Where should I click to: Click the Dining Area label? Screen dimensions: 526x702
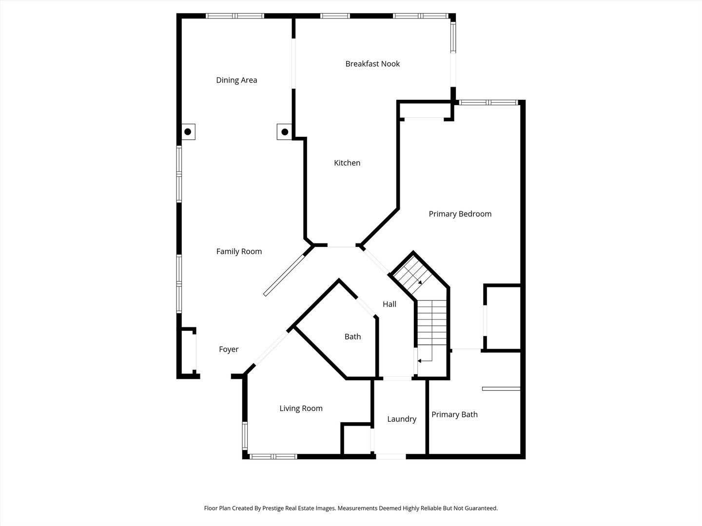click(x=236, y=80)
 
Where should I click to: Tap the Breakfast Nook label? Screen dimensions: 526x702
click(x=372, y=64)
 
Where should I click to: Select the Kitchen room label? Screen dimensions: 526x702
click(x=347, y=163)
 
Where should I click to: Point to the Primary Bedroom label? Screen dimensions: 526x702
click(x=460, y=214)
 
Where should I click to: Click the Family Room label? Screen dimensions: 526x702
click(x=239, y=251)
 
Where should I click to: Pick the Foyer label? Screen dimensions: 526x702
click(x=229, y=349)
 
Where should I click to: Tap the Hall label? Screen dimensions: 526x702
click(x=389, y=304)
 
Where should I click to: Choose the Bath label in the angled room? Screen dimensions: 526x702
click(x=352, y=337)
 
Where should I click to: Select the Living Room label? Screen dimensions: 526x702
click(x=301, y=409)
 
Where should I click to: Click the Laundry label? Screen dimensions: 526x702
click(x=402, y=419)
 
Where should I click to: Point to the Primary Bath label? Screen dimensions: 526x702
click(x=454, y=414)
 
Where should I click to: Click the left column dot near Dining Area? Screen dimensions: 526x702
click(x=188, y=131)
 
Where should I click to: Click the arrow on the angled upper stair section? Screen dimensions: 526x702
click(x=419, y=282)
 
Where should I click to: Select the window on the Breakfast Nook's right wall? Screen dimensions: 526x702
click(x=453, y=38)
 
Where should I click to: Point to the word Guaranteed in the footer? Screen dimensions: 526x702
click(x=480, y=508)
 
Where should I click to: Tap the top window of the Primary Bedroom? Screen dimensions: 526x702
click(x=487, y=102)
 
